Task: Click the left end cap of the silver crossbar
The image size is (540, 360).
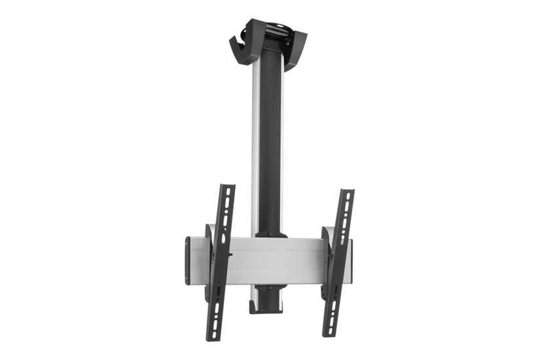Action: point(188,261)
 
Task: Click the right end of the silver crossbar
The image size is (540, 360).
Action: point(350,261)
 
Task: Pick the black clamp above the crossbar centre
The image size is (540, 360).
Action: point(271,234)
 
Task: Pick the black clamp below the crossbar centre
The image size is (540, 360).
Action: point(271,288)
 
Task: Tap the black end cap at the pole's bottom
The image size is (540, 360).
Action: point(266,308)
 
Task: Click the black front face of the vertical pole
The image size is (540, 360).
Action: point(271,144)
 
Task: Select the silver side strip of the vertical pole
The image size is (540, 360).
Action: point(255,144)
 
